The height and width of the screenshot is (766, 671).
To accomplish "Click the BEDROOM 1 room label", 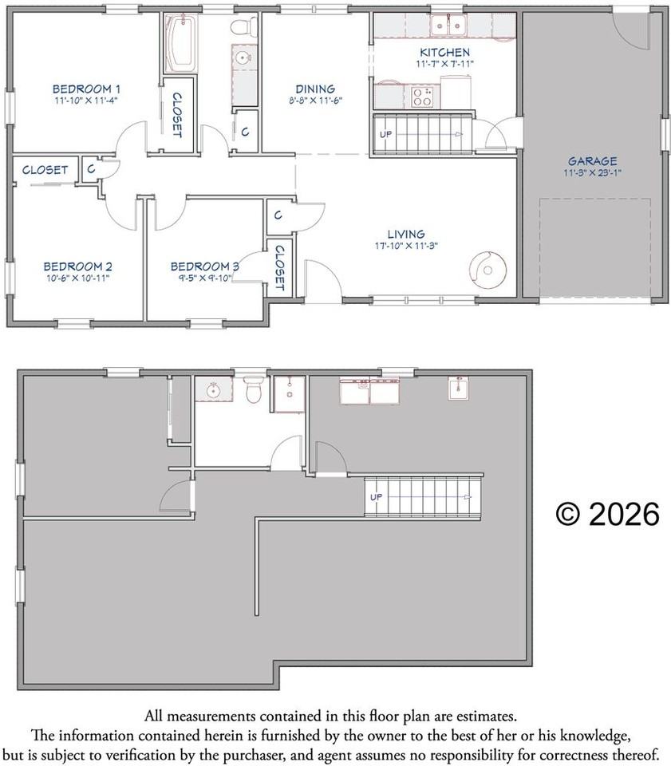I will [86, 89].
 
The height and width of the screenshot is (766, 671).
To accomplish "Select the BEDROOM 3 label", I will [204, 266].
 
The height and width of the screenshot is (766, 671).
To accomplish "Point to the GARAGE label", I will [592, 160].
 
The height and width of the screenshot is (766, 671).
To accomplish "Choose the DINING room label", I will [314, 89].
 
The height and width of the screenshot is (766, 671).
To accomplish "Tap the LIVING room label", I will [406, 234].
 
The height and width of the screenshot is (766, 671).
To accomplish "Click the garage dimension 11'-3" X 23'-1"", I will [592, 172].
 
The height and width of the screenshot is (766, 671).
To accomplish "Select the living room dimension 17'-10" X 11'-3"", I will [406, 246].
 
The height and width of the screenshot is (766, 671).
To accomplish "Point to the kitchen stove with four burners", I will [421, 97].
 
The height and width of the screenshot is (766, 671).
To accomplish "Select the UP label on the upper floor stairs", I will [385, 133].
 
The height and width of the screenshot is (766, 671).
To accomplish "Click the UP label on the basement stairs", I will [376, 497].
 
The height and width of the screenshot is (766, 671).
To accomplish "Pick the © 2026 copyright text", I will [607, 515].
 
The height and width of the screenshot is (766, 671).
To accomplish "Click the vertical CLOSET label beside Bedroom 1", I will [177, 113].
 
